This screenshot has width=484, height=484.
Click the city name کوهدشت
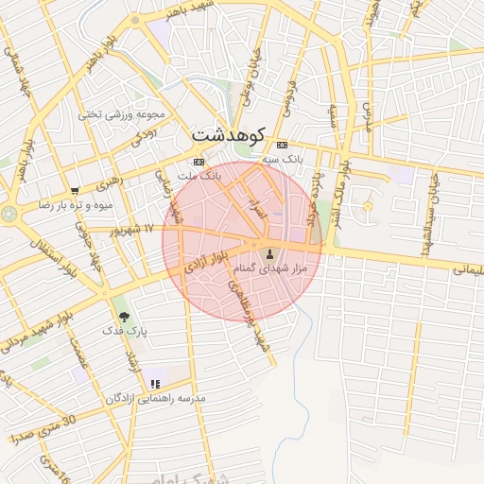click(229, 135)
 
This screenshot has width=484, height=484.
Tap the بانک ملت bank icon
click(199, 162)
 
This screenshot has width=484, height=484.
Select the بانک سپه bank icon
click(282, 145)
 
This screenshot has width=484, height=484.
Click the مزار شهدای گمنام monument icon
click(271, 253)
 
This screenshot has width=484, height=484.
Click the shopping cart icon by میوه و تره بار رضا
click(75, 190)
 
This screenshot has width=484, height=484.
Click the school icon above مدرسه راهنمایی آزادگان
click(155, 384)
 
